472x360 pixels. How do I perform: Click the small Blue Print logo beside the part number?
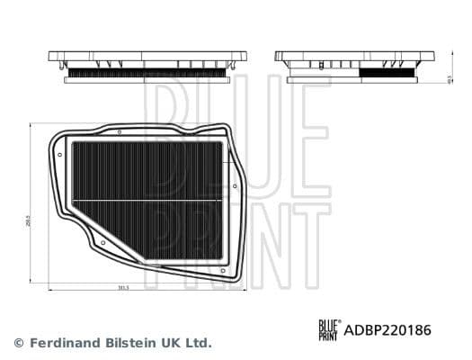[x=329, y=330]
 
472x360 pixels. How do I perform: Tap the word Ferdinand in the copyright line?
[x=64, y=343]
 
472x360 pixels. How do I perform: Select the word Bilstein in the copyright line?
[x=131, y=343]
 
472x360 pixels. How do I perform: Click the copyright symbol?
[x=18, y=343]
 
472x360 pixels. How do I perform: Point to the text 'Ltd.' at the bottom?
[x=198, y=343]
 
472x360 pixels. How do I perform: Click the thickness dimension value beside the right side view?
[x=449, y=79]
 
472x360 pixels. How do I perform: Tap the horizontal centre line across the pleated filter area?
[x=147, y=199]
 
